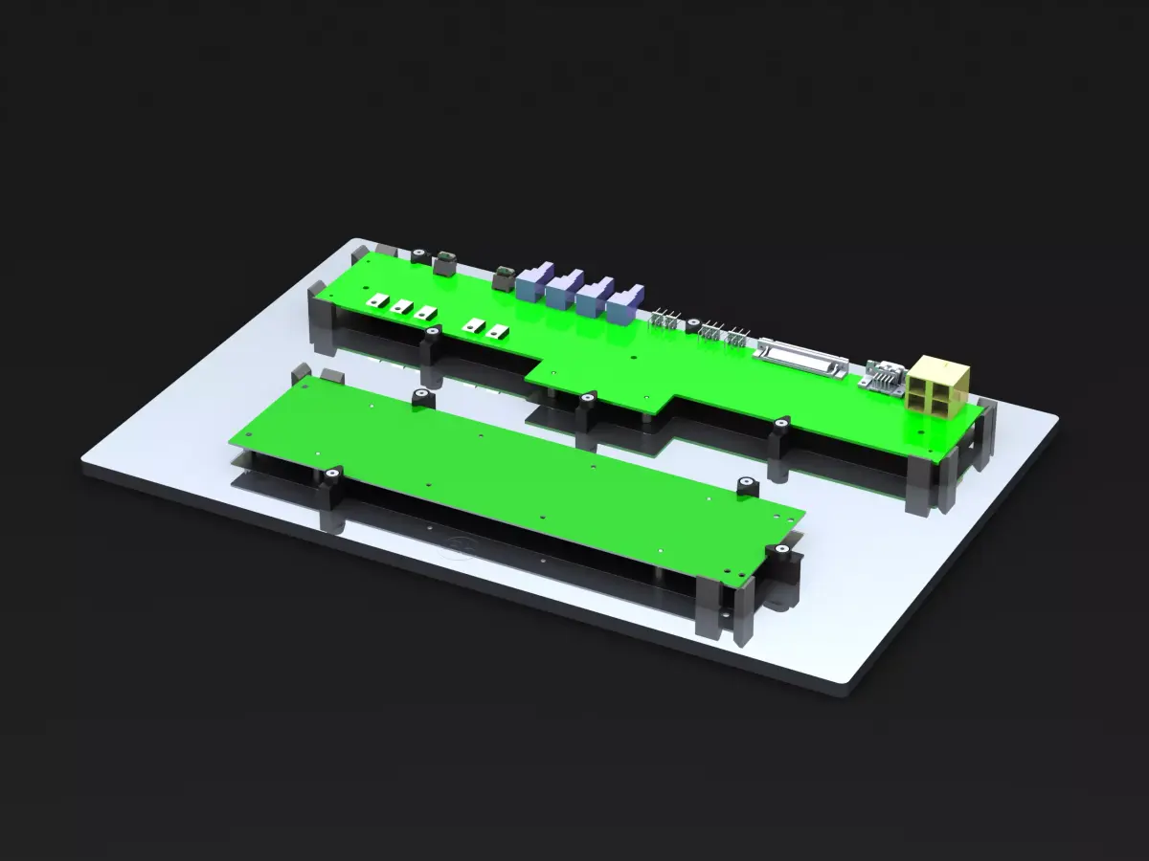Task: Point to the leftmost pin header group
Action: (667, 318)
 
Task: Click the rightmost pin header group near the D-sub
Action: (735, 336)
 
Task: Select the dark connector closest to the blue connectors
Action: (502, 278)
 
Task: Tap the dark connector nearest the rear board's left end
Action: (444, 261)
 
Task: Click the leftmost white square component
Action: (378, 300)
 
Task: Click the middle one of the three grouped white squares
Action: (402, 307)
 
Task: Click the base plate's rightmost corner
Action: (1057, 417)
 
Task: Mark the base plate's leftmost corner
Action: (80, 461)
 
